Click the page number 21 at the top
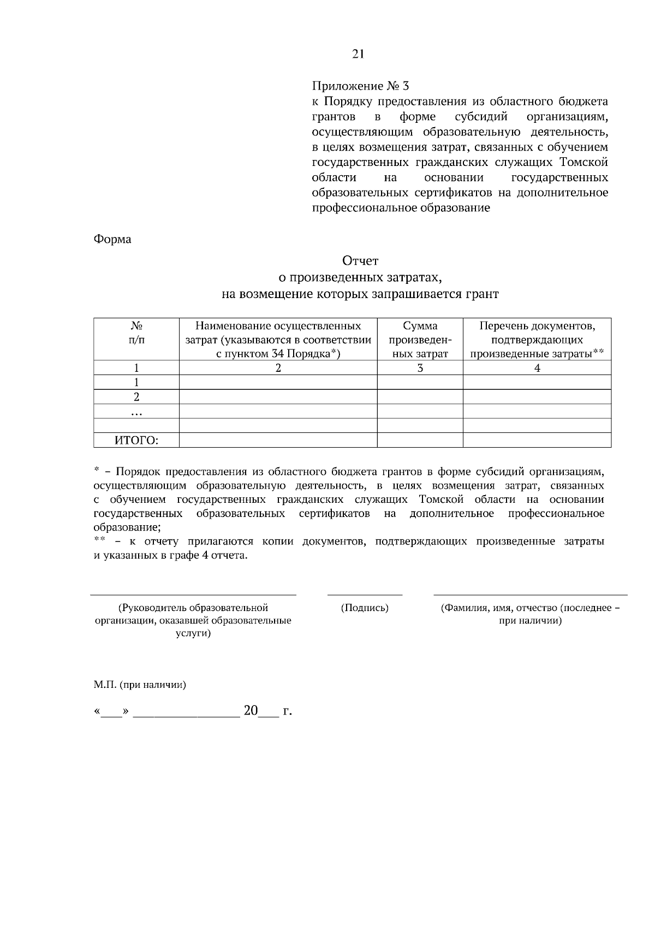(x=358, y=54)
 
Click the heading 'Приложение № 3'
(x=360, y=86)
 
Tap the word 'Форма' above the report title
(x=112, y=239)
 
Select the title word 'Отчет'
(x=360, y=261)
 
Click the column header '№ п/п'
(x=136, y=333)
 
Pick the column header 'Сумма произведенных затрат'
(x=420, y=340)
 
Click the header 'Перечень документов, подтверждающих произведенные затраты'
(x=537, y=340)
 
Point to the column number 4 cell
(x=537, y=368)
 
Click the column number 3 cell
(x=420, y=368)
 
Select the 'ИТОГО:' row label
(x=136, y=441)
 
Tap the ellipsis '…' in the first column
(x=136, y=412)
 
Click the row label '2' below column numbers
(x=136, y=397)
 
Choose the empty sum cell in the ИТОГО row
(x=420, y=440)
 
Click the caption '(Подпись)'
(x=365, y=608)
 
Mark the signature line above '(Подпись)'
(x=365, y=595)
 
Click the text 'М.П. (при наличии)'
(x=140, y=685)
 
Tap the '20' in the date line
(x=251, y=711)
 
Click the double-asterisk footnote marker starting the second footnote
(x=99, y=540)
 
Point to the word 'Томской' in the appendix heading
(x=583, y=163)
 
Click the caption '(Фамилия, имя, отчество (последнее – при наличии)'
(x=531, y=614)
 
